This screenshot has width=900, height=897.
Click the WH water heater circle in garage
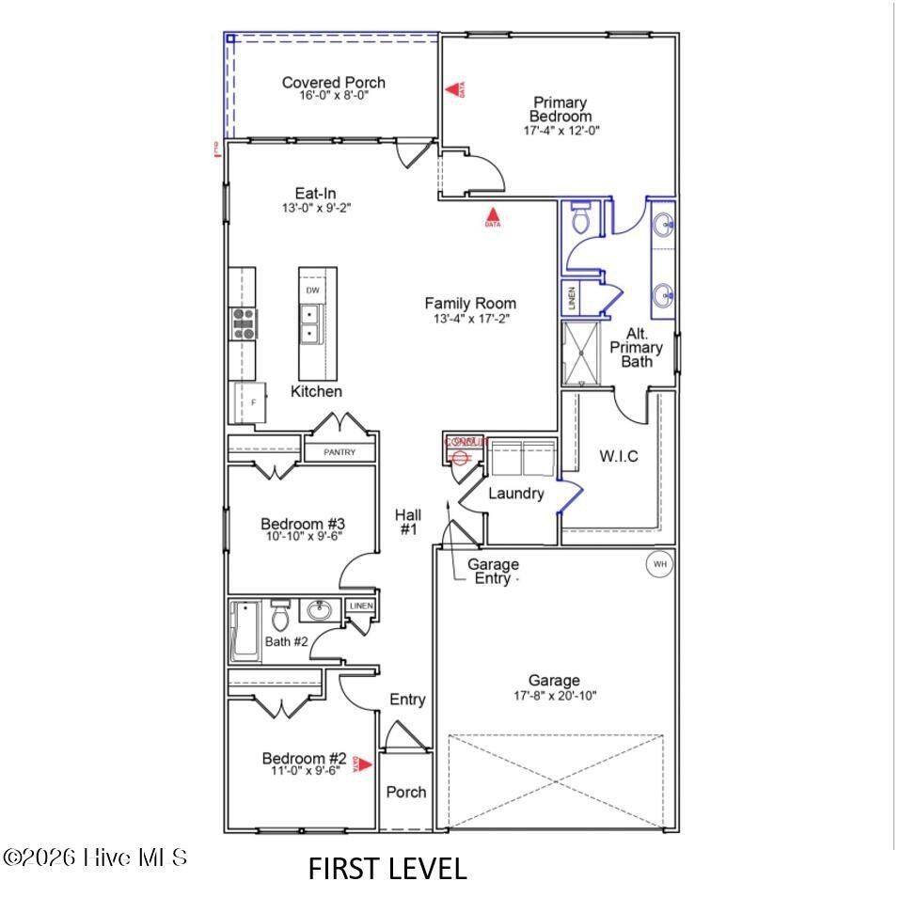[659, 564]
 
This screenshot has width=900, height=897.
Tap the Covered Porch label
[334, 83]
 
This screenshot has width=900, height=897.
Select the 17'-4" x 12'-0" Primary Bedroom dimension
[561, 132]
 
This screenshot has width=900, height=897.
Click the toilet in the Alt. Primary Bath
[579, 218]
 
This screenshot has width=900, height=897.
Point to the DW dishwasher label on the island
[312, 291]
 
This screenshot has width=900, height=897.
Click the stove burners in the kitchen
[243, 323]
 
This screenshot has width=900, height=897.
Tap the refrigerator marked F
[249, 402]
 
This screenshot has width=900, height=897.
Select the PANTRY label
[339, 452]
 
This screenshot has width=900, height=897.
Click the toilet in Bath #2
[279, 618]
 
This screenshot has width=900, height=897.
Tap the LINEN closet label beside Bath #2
[361, 606]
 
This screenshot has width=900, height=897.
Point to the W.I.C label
[619, 457]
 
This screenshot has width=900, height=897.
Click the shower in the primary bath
[584, 354]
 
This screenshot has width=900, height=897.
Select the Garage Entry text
[493, 572]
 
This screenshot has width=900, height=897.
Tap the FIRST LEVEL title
[387, 869]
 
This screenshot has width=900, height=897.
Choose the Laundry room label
[516, 493]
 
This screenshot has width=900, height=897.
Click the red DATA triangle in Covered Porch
[453, 89]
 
